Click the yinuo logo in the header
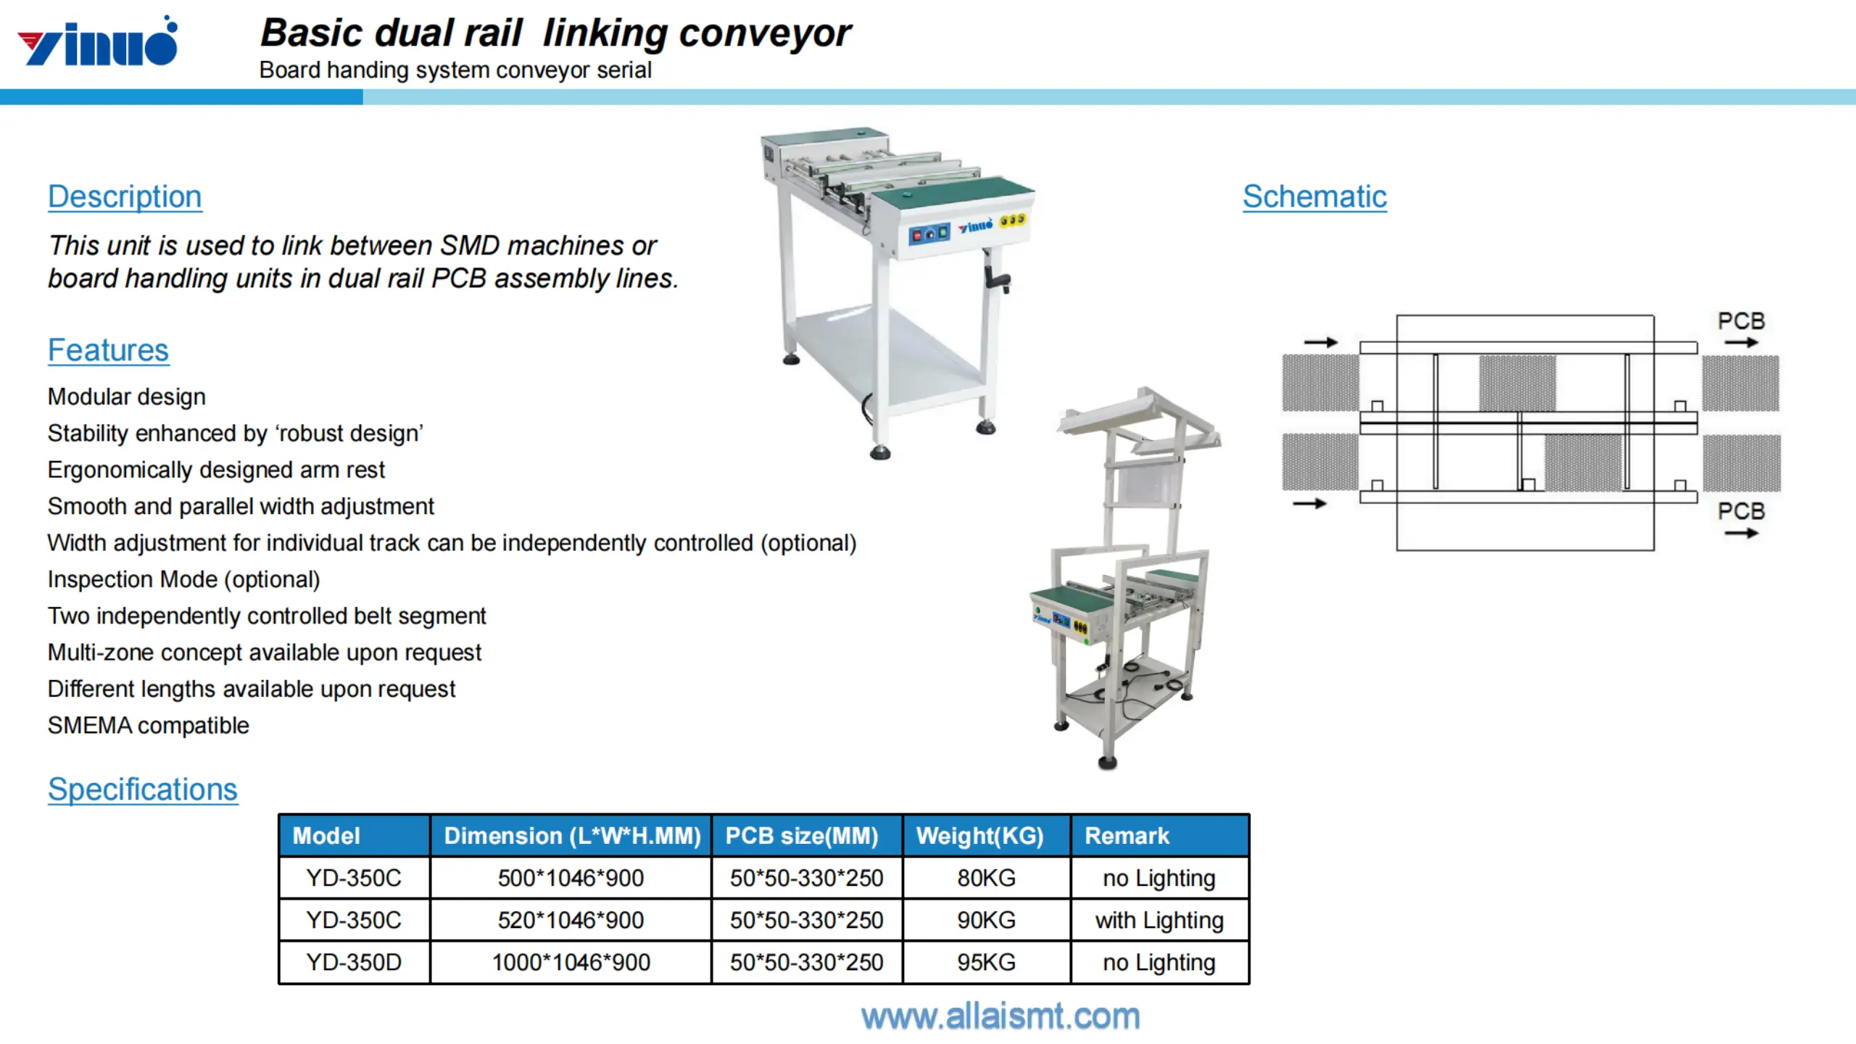click(x=98, y=43)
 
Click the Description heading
click(x=125, y=196)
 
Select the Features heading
click(x=108, y=350)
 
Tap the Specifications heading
click(x=143, y=790)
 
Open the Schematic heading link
click(x=1314, y=196)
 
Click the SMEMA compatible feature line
click(x=148, y=726)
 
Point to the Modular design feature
click(x=126, y=397)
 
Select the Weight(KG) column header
click(x=979, y=836)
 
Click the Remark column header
click(x=1127, y=836)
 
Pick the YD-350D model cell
click(x=354, y=962)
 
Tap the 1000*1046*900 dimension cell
click(x=571, y=962)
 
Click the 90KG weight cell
click(x=986, y=920)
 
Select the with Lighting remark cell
click(x=1159, y=920)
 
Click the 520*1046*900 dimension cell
click(x=571, y=920)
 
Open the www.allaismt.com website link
click(x=1000, y=1016)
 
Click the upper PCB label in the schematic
click(x=1741, y=321)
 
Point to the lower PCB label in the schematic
click(x=1741, y=511)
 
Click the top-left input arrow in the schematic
click(x=1320, y=342)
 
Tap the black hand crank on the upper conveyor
click(x=996, y=279)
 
